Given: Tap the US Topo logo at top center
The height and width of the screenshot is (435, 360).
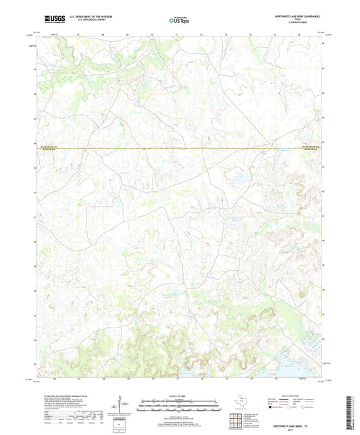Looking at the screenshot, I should (179, 19).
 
